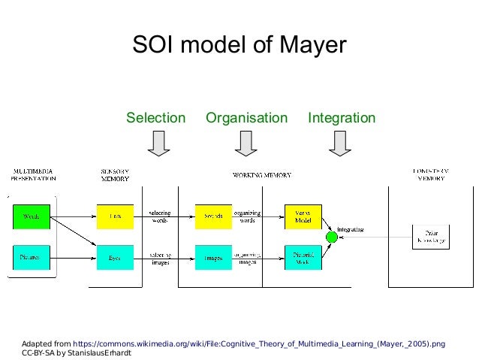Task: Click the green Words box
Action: coord(32,216)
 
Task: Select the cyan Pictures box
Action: coord(32,257)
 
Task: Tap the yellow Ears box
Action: coord(115,216)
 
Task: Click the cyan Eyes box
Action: coord(115,257)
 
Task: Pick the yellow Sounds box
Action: coord(213,216)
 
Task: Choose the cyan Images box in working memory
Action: coord(213,257)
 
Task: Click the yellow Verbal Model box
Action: coord(303,216)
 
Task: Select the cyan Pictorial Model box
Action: coord(303,257)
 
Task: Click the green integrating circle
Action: coord(332,237)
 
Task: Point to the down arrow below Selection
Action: coord(158,143)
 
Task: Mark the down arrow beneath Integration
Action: coord(341,143)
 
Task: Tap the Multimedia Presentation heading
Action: coord(33,174)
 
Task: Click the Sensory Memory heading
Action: coord(115,174)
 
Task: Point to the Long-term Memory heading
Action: coord(430,174)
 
